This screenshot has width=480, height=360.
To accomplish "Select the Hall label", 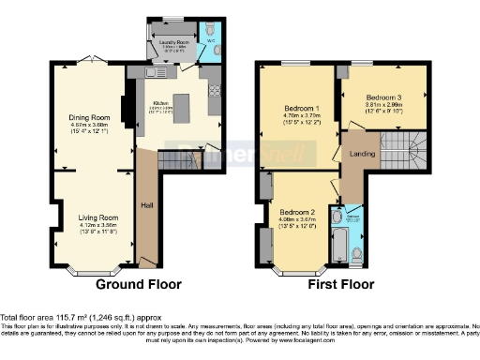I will (x=147, y=204).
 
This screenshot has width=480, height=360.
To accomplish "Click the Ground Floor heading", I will (x=139, y=284).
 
